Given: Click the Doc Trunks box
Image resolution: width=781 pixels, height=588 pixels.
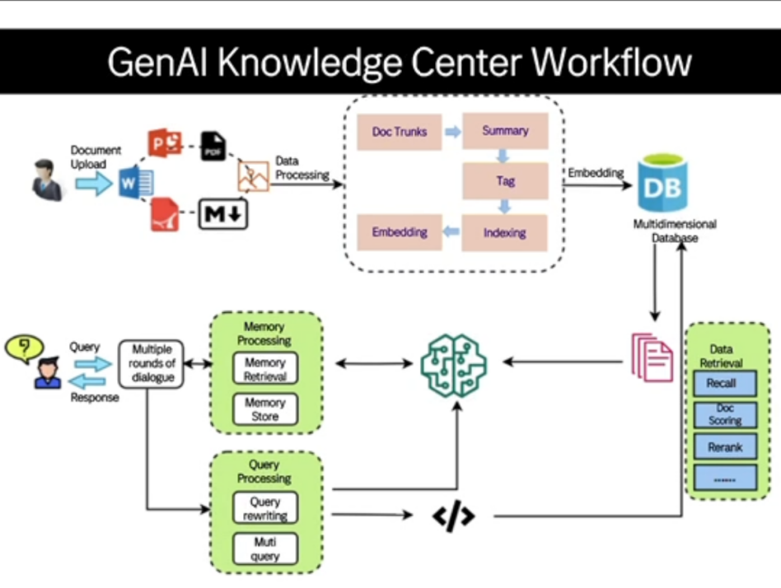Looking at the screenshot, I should pos(400,132).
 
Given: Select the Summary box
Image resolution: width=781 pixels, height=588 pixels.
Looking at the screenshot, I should pos(505,131).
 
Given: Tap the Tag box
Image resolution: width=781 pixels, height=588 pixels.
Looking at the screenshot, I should pos(505,181).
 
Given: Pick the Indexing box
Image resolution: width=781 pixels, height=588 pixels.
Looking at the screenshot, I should pos(505,232).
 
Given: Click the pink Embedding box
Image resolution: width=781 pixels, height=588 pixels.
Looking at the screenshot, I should pos(400,232).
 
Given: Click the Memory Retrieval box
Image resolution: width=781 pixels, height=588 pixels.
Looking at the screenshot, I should pos(264,369).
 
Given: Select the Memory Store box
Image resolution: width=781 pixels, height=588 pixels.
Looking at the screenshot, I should pos(264,410).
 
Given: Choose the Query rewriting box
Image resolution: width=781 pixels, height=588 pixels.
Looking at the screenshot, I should pos(264,508).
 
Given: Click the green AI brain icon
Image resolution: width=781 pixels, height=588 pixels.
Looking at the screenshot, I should pos(453,362).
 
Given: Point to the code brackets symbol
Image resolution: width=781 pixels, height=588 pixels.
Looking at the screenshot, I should pos(453,516).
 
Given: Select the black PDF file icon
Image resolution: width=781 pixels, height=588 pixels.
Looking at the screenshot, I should pos(213,147).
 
